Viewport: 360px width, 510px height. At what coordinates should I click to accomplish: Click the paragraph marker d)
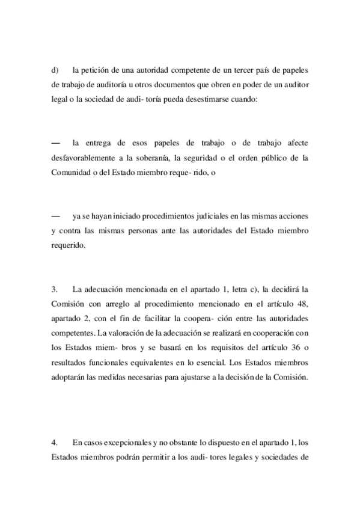[55, 69]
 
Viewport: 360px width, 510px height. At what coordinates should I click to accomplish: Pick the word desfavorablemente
[82, 158]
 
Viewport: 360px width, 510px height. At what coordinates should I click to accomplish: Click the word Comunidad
[70, 173]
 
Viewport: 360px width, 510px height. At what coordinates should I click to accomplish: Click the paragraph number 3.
[55, 289]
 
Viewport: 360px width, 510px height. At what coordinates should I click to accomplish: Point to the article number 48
[304, 304]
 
